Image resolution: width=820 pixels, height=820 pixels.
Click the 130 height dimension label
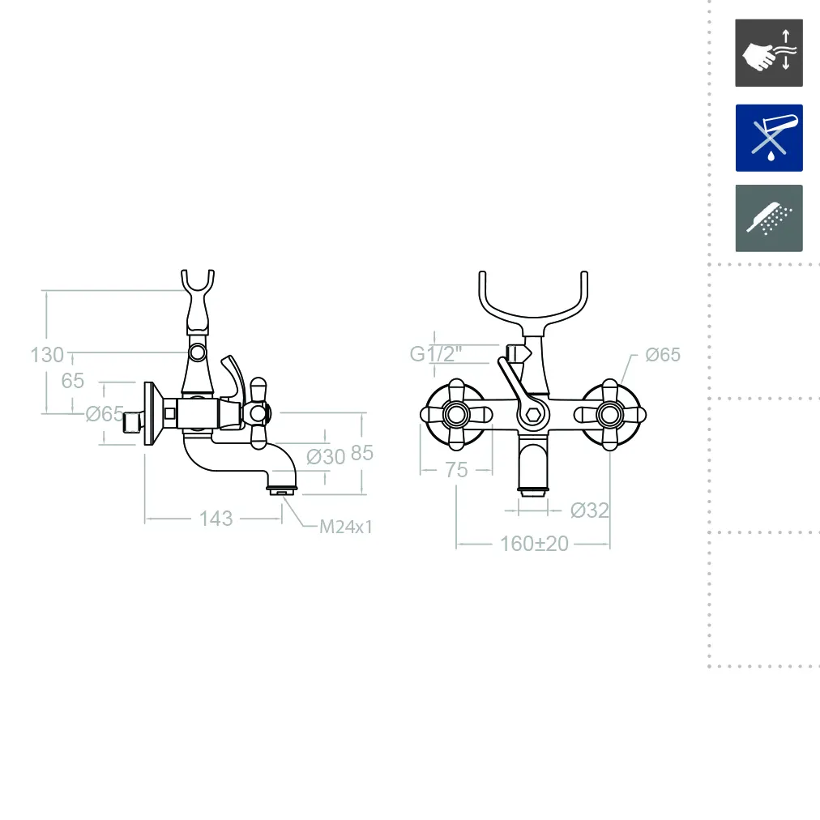47,355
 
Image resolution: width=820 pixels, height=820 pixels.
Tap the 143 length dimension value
216,519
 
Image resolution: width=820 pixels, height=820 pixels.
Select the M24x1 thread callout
346,527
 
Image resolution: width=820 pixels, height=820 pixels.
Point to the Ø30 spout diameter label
326,456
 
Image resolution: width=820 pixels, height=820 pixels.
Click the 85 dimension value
362,453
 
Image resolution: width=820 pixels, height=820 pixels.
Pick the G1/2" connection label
436,354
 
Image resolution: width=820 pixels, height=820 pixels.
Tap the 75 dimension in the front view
456,470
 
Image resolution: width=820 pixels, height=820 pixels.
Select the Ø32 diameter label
590,510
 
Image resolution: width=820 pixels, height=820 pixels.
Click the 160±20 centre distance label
534,544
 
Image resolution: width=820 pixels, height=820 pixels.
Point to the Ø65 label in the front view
663,355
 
